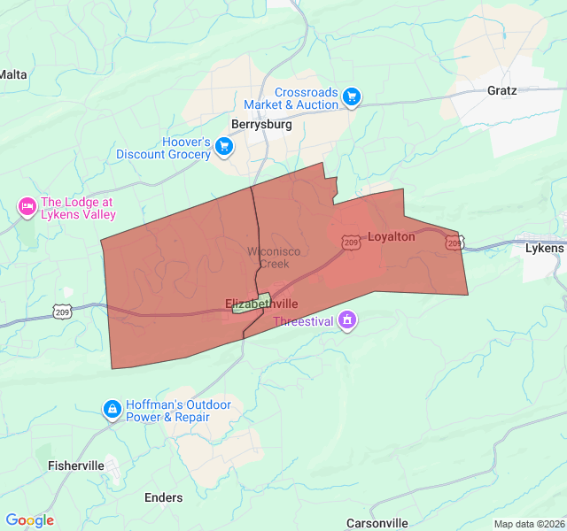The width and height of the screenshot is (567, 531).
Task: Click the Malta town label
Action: point(13,74)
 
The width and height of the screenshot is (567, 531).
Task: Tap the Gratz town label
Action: point(501,90)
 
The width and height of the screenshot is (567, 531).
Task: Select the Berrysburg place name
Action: point(261,125)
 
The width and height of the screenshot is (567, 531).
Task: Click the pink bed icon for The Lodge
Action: point(27,208)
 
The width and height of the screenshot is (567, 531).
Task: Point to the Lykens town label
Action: point(544,248)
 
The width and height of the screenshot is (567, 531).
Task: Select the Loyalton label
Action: point(391,236)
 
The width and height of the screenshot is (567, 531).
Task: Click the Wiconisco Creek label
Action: point(273,258)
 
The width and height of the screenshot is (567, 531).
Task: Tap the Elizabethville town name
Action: point(261,304)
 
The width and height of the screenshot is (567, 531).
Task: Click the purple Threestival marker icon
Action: point(348,319)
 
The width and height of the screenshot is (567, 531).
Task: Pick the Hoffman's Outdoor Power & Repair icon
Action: point(112,409)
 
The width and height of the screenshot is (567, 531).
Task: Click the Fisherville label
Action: point(76,466)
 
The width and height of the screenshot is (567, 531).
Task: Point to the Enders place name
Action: point(163,498)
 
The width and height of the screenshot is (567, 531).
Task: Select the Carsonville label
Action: point(377,523)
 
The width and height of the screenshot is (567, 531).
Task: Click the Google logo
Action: point(29,520)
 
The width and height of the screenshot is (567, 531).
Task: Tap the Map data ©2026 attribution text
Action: point(528,524)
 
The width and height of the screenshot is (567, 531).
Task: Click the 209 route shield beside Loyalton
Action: point(352,242)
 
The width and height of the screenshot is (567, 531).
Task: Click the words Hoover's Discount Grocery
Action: point(163,149)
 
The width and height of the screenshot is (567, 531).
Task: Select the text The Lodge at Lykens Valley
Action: point(78,208)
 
